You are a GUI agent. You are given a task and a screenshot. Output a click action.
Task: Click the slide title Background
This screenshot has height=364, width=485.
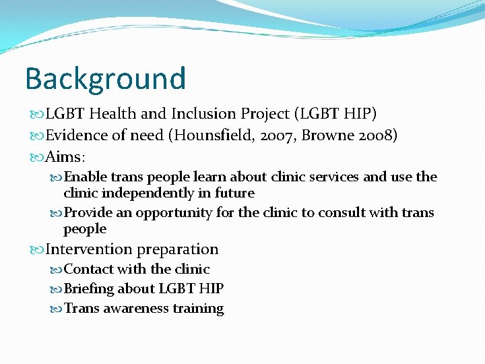(105, 78)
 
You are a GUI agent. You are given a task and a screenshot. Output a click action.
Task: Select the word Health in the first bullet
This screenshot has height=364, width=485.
(112, 114)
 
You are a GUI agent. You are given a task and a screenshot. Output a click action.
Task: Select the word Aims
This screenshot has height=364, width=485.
(63, 158)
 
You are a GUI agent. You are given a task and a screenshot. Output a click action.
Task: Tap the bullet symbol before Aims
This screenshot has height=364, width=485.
(36, 158)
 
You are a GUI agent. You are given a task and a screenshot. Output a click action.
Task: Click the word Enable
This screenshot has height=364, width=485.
(86, 177)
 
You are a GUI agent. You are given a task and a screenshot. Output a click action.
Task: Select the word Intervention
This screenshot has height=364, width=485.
(89, 249)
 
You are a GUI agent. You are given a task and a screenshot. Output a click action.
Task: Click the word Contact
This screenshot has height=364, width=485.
(88, 270)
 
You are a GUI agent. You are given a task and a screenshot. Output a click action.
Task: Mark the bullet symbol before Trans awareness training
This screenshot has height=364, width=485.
(56, 309)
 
